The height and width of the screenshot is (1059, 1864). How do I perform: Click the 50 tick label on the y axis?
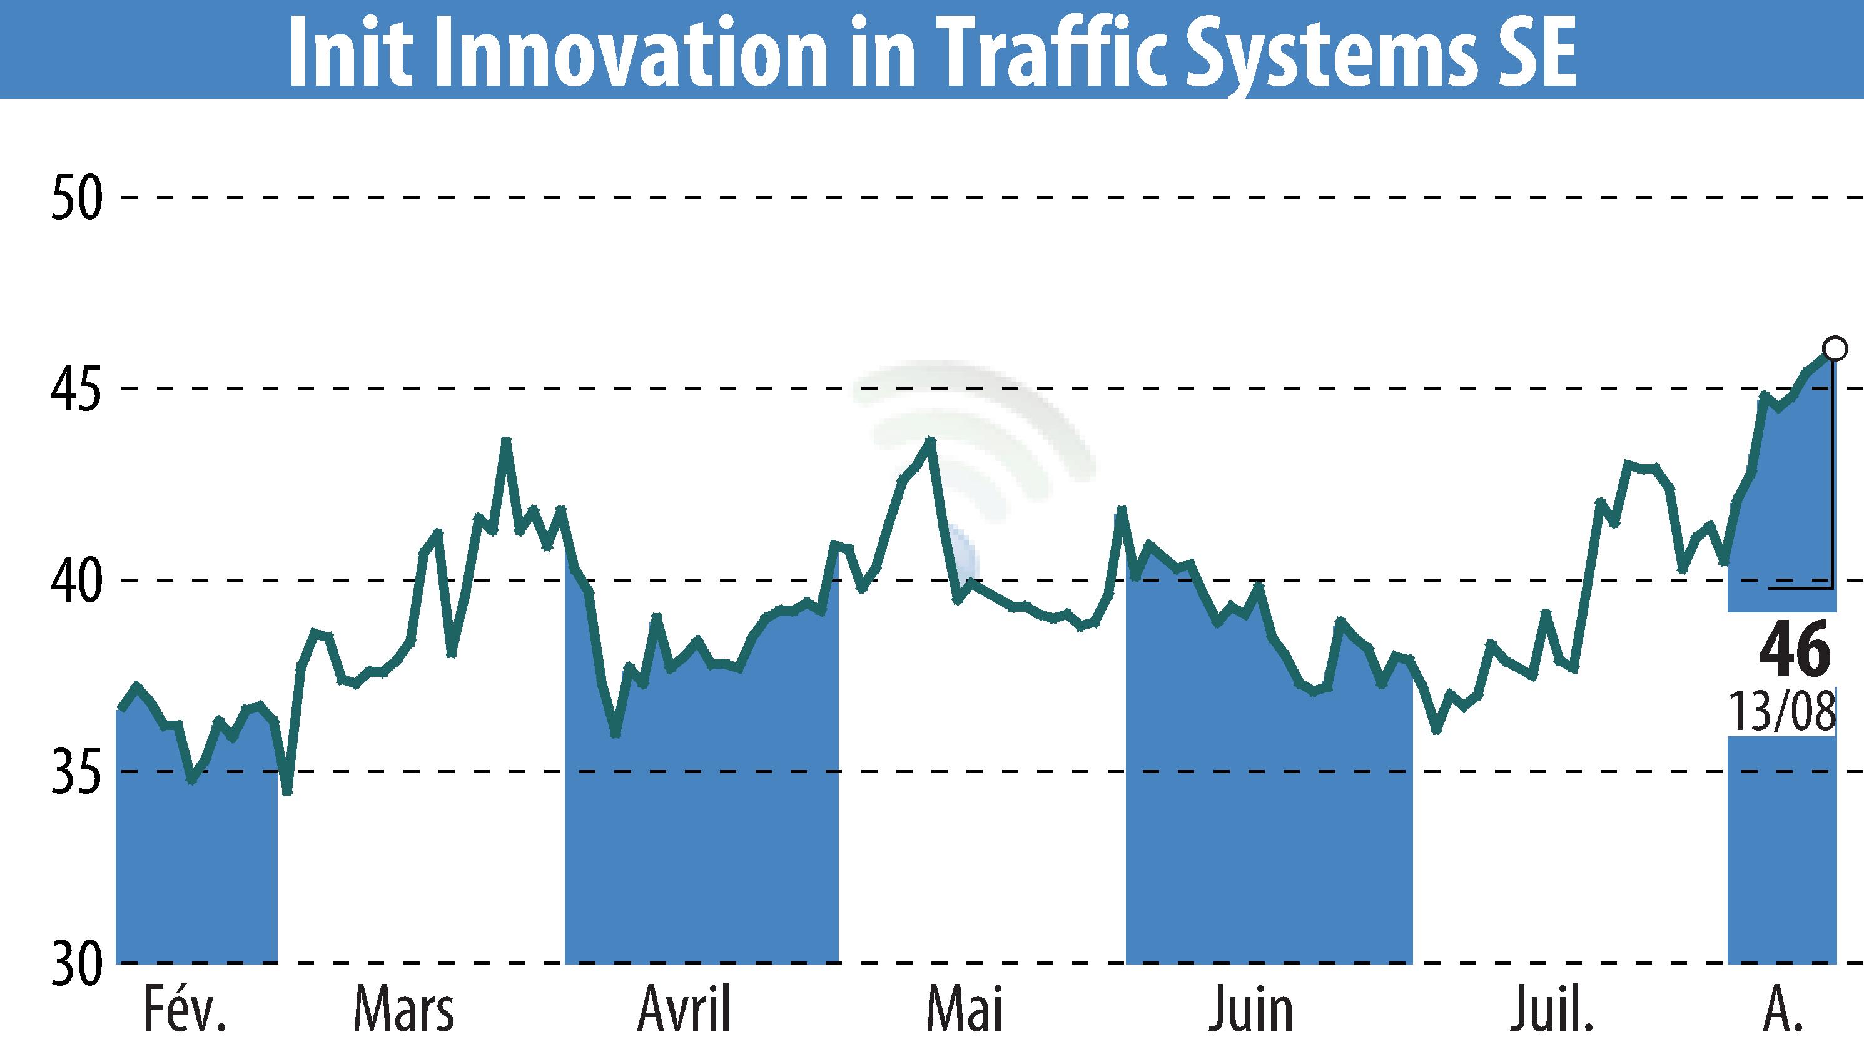pos(76,198)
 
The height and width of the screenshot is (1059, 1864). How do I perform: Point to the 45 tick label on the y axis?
pos(76,390)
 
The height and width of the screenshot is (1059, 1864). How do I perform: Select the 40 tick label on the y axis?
pos(76,582)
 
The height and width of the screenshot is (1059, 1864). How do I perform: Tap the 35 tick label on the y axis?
pos(76,774)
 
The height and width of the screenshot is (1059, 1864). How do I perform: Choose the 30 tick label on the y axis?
pos(76,965)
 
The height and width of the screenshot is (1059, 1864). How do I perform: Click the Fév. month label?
pos(185,1010)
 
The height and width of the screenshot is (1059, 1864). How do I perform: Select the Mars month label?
pos(403,1010)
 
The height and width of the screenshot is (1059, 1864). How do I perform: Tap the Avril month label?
pos(684,1010)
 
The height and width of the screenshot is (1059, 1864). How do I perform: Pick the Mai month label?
pos(965,1010)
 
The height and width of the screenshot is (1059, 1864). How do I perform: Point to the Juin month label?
pos(1250,1010)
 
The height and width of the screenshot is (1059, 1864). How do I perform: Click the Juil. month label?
pos(1551,1010)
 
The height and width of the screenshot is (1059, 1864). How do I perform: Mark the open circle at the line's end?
pos(1835,348)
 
